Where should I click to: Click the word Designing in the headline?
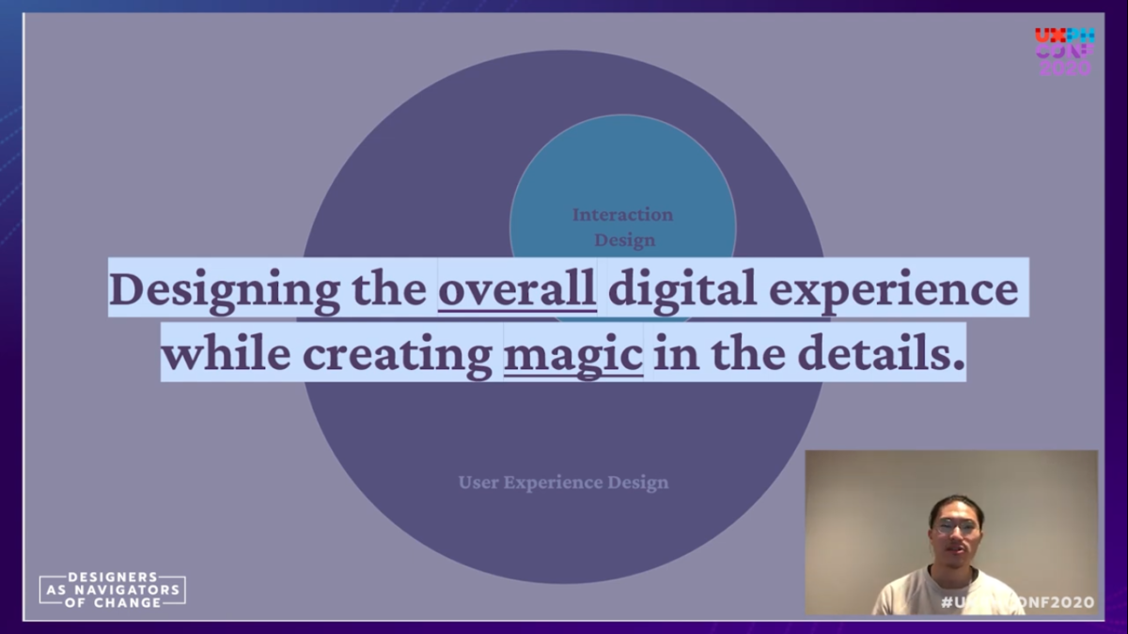point(224,290)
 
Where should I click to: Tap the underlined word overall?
point(517,290)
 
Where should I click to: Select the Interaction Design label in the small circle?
point(623,227)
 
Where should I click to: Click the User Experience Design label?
point(563,483)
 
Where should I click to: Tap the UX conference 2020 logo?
point(1064,52)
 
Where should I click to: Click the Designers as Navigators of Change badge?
point(113,589)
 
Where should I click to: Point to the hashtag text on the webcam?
point(1017,602)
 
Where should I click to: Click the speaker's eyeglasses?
point(955,527)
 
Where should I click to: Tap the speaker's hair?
point(956,505)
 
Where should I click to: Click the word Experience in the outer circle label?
point(549,483)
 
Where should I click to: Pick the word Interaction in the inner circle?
point(622,215)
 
